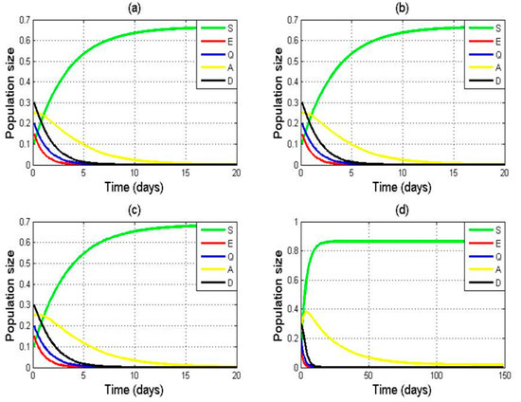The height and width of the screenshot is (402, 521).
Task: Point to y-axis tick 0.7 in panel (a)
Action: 21,21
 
